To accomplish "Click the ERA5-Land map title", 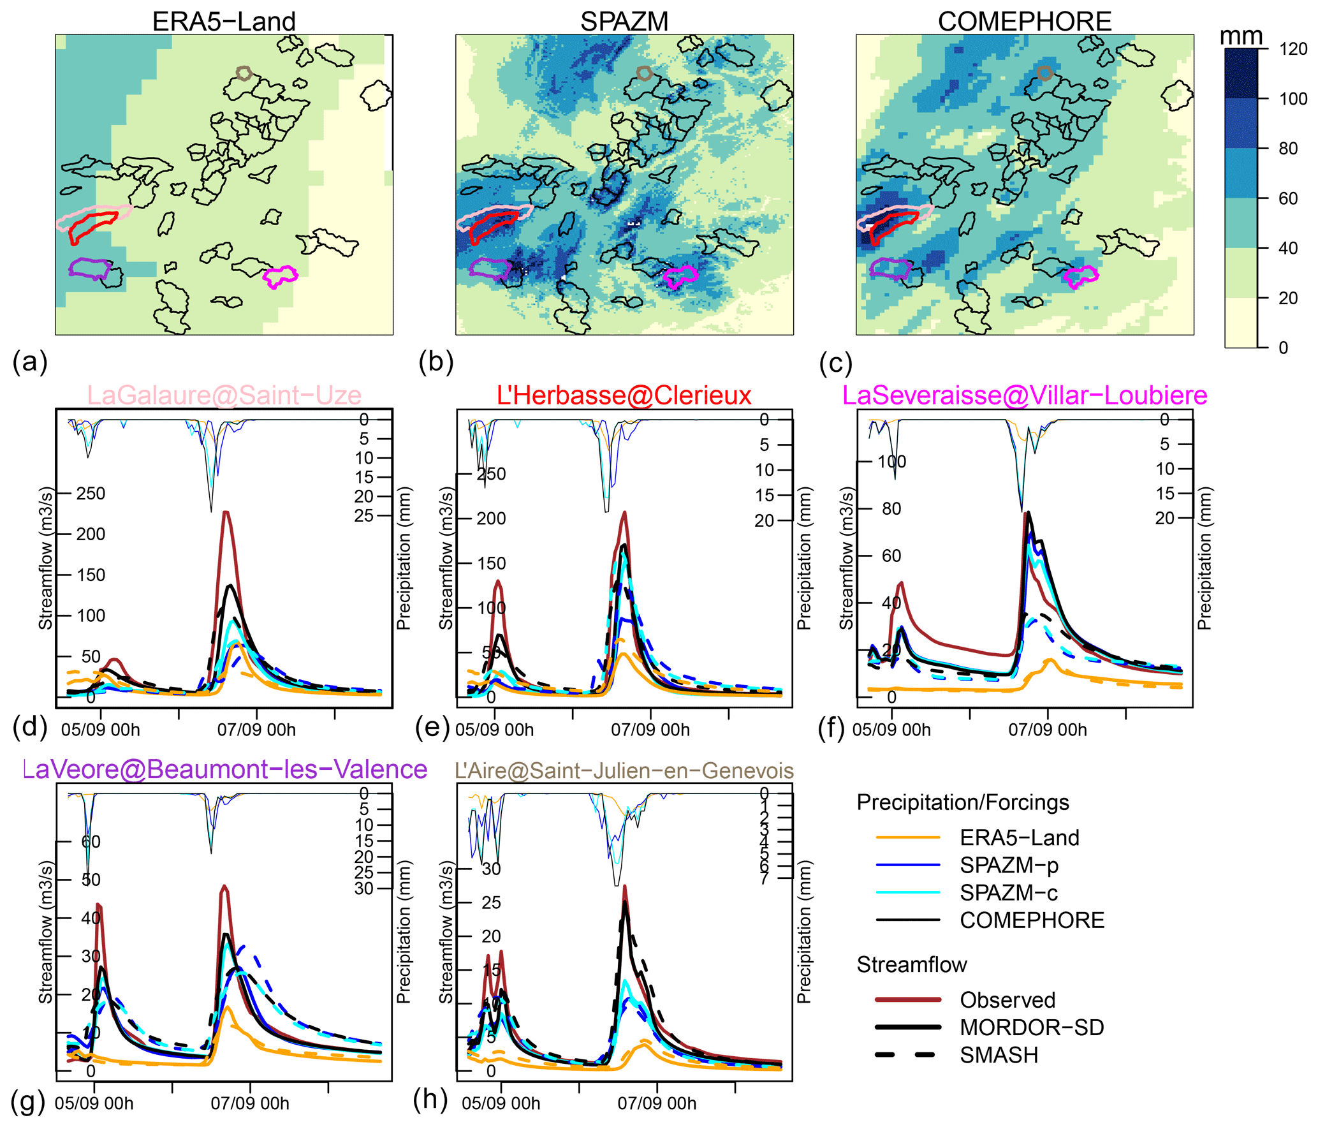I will point(224,21).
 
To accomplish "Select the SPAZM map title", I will point(624,21).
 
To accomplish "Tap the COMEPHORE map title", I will point(1024,21).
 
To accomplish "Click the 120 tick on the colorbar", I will point(1292,49).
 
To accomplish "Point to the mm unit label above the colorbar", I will point(1240,36).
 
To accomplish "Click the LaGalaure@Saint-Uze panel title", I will point(224,395).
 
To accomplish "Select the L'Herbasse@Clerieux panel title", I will point(624,395).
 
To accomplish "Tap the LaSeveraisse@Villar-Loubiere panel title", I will point(1024,395).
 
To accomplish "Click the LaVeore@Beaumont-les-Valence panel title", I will point(225,769).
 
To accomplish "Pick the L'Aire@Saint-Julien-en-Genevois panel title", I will point(624,770).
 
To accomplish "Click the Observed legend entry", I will point(1007,999).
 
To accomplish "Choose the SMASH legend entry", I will point(999,1055).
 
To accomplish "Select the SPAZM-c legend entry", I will point(1009,892).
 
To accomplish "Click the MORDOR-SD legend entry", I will point(1032,1027).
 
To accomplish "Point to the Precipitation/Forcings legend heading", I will point(962,802).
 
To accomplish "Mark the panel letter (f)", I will point(835,727).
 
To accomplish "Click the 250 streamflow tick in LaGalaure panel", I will point(91,493).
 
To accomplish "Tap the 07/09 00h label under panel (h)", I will point(656,1103).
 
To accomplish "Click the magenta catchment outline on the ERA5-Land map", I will point(280,276).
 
